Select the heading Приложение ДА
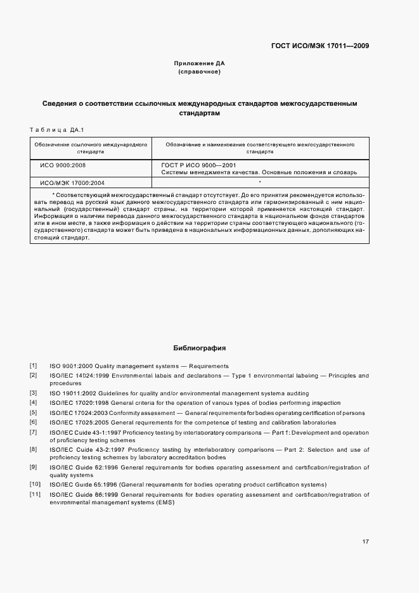[199, 63]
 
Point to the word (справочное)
[199, 72]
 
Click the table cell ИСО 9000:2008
[63, 164]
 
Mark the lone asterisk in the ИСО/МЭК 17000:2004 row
[260, 182]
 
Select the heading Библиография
[199, 348]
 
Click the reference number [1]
[33, 366]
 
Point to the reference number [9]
[33, 467]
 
